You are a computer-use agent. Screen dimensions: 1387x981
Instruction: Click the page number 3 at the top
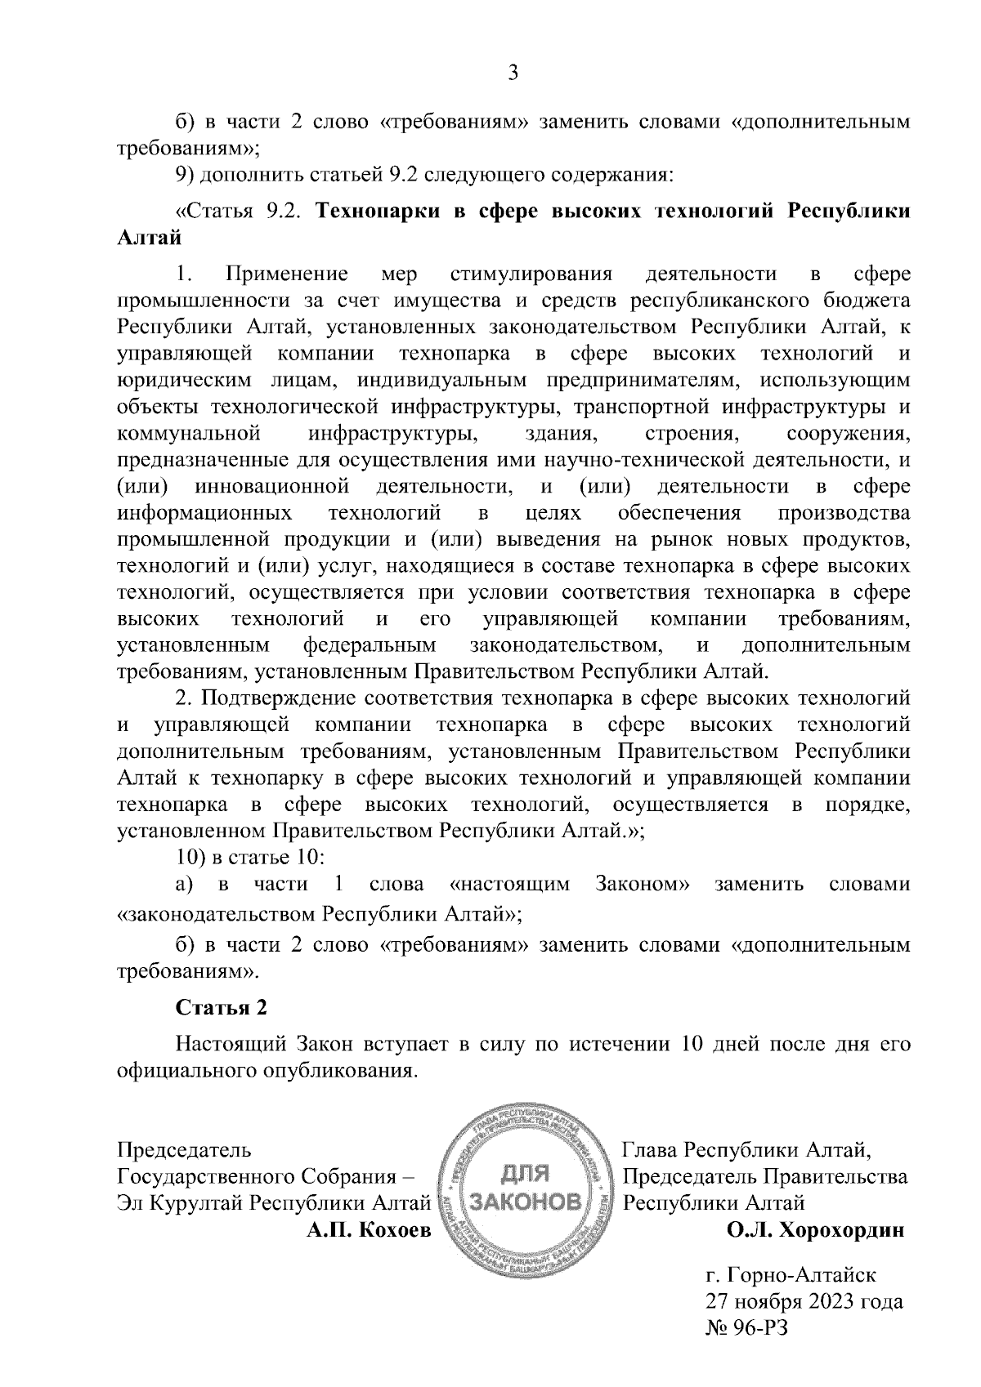point(513,74)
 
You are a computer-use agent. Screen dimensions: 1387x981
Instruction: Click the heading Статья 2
point(222,1007)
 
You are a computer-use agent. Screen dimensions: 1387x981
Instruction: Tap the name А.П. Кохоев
point(368,1230)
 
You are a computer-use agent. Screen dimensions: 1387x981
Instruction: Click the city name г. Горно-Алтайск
point(790,1274)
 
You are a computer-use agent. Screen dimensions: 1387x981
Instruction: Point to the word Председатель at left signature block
point(185,1150)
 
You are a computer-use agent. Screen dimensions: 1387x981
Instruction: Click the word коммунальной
point(190,433)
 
